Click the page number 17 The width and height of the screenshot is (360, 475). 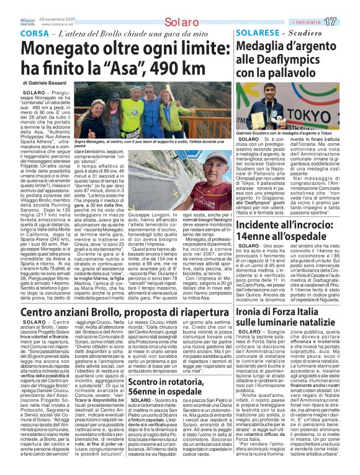(348, 22)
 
